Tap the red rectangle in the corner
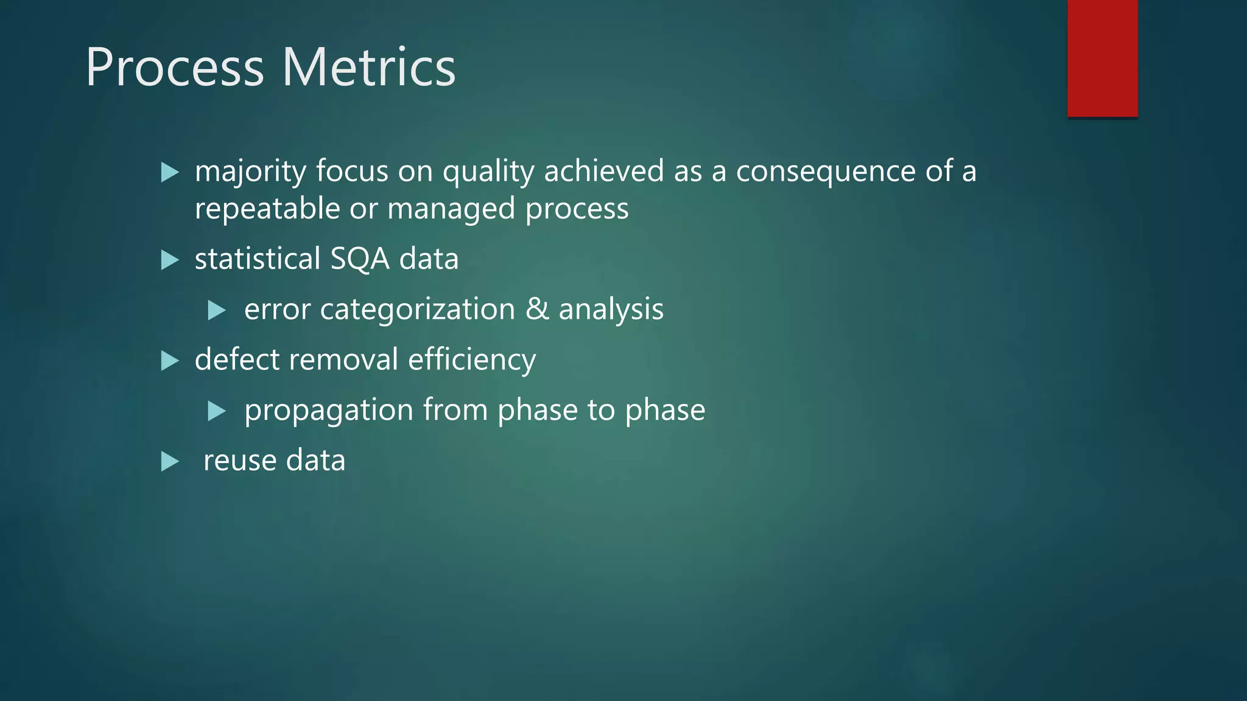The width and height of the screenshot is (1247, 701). coord(1102,58)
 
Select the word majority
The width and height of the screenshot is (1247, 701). coord(250,172)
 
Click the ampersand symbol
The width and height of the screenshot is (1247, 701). coord(536,309)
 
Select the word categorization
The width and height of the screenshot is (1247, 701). coord(418,309)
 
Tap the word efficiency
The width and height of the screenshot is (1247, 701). coord(472,360)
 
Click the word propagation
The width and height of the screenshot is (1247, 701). coord(329,410)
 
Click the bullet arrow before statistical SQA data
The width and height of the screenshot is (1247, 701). coord(170,260)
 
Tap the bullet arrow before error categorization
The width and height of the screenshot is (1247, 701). coord(216,310)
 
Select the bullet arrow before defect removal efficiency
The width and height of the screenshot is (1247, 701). coord(170,361)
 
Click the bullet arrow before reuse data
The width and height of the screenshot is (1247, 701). coord(170,462)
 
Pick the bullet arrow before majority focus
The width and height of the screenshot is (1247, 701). coord(170,173)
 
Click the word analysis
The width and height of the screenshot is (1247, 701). coord(611,309)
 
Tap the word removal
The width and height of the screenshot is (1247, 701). coord(343,360)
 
